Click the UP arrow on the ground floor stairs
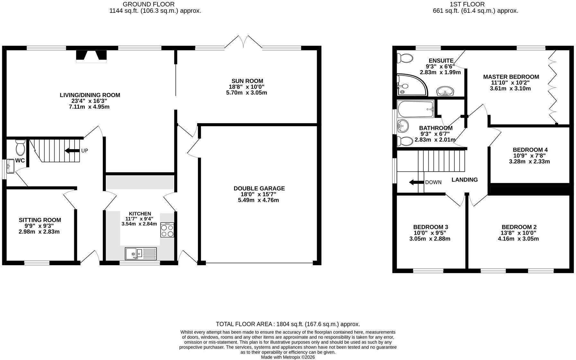coord(72,150)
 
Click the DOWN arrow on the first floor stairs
coord(416,182)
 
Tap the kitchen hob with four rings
coord(167,230)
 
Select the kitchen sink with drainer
coord(141,253)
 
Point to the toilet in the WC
coord(20,147)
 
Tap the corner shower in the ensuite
coord(412,85)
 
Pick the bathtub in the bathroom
coord(416,109)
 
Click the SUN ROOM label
coord(247,81)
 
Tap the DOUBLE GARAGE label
coord(259,188)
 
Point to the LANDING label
coord(464,180)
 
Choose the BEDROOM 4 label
coord(530,150)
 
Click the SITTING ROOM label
coord(40,220)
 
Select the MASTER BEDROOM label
coord(511,77)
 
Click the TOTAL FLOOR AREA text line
coord(288,324)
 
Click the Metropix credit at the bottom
coord(288,357)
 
